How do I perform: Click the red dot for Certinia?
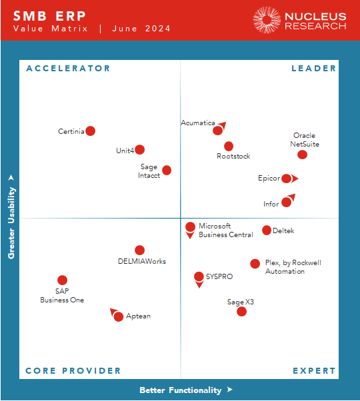coord(91,131)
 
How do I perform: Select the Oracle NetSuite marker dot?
coord(302,155)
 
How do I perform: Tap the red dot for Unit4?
coord(139,150)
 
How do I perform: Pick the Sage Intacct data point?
coord(167,171)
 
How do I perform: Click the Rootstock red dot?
coord(229,146)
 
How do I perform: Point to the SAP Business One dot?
coord(62,280)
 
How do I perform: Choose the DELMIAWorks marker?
coord(139,250)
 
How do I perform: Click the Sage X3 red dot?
coord(241,311)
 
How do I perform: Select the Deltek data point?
coord(267,230)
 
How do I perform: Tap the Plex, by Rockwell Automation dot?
coord(255,264)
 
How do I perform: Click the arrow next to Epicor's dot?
coord(295,179)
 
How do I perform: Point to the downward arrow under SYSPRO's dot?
coord(199,285)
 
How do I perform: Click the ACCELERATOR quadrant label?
coord(68,68)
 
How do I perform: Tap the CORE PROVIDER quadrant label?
coord(73,371)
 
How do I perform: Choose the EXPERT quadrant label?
coord(314,371)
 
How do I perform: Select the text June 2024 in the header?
coord(141,29)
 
